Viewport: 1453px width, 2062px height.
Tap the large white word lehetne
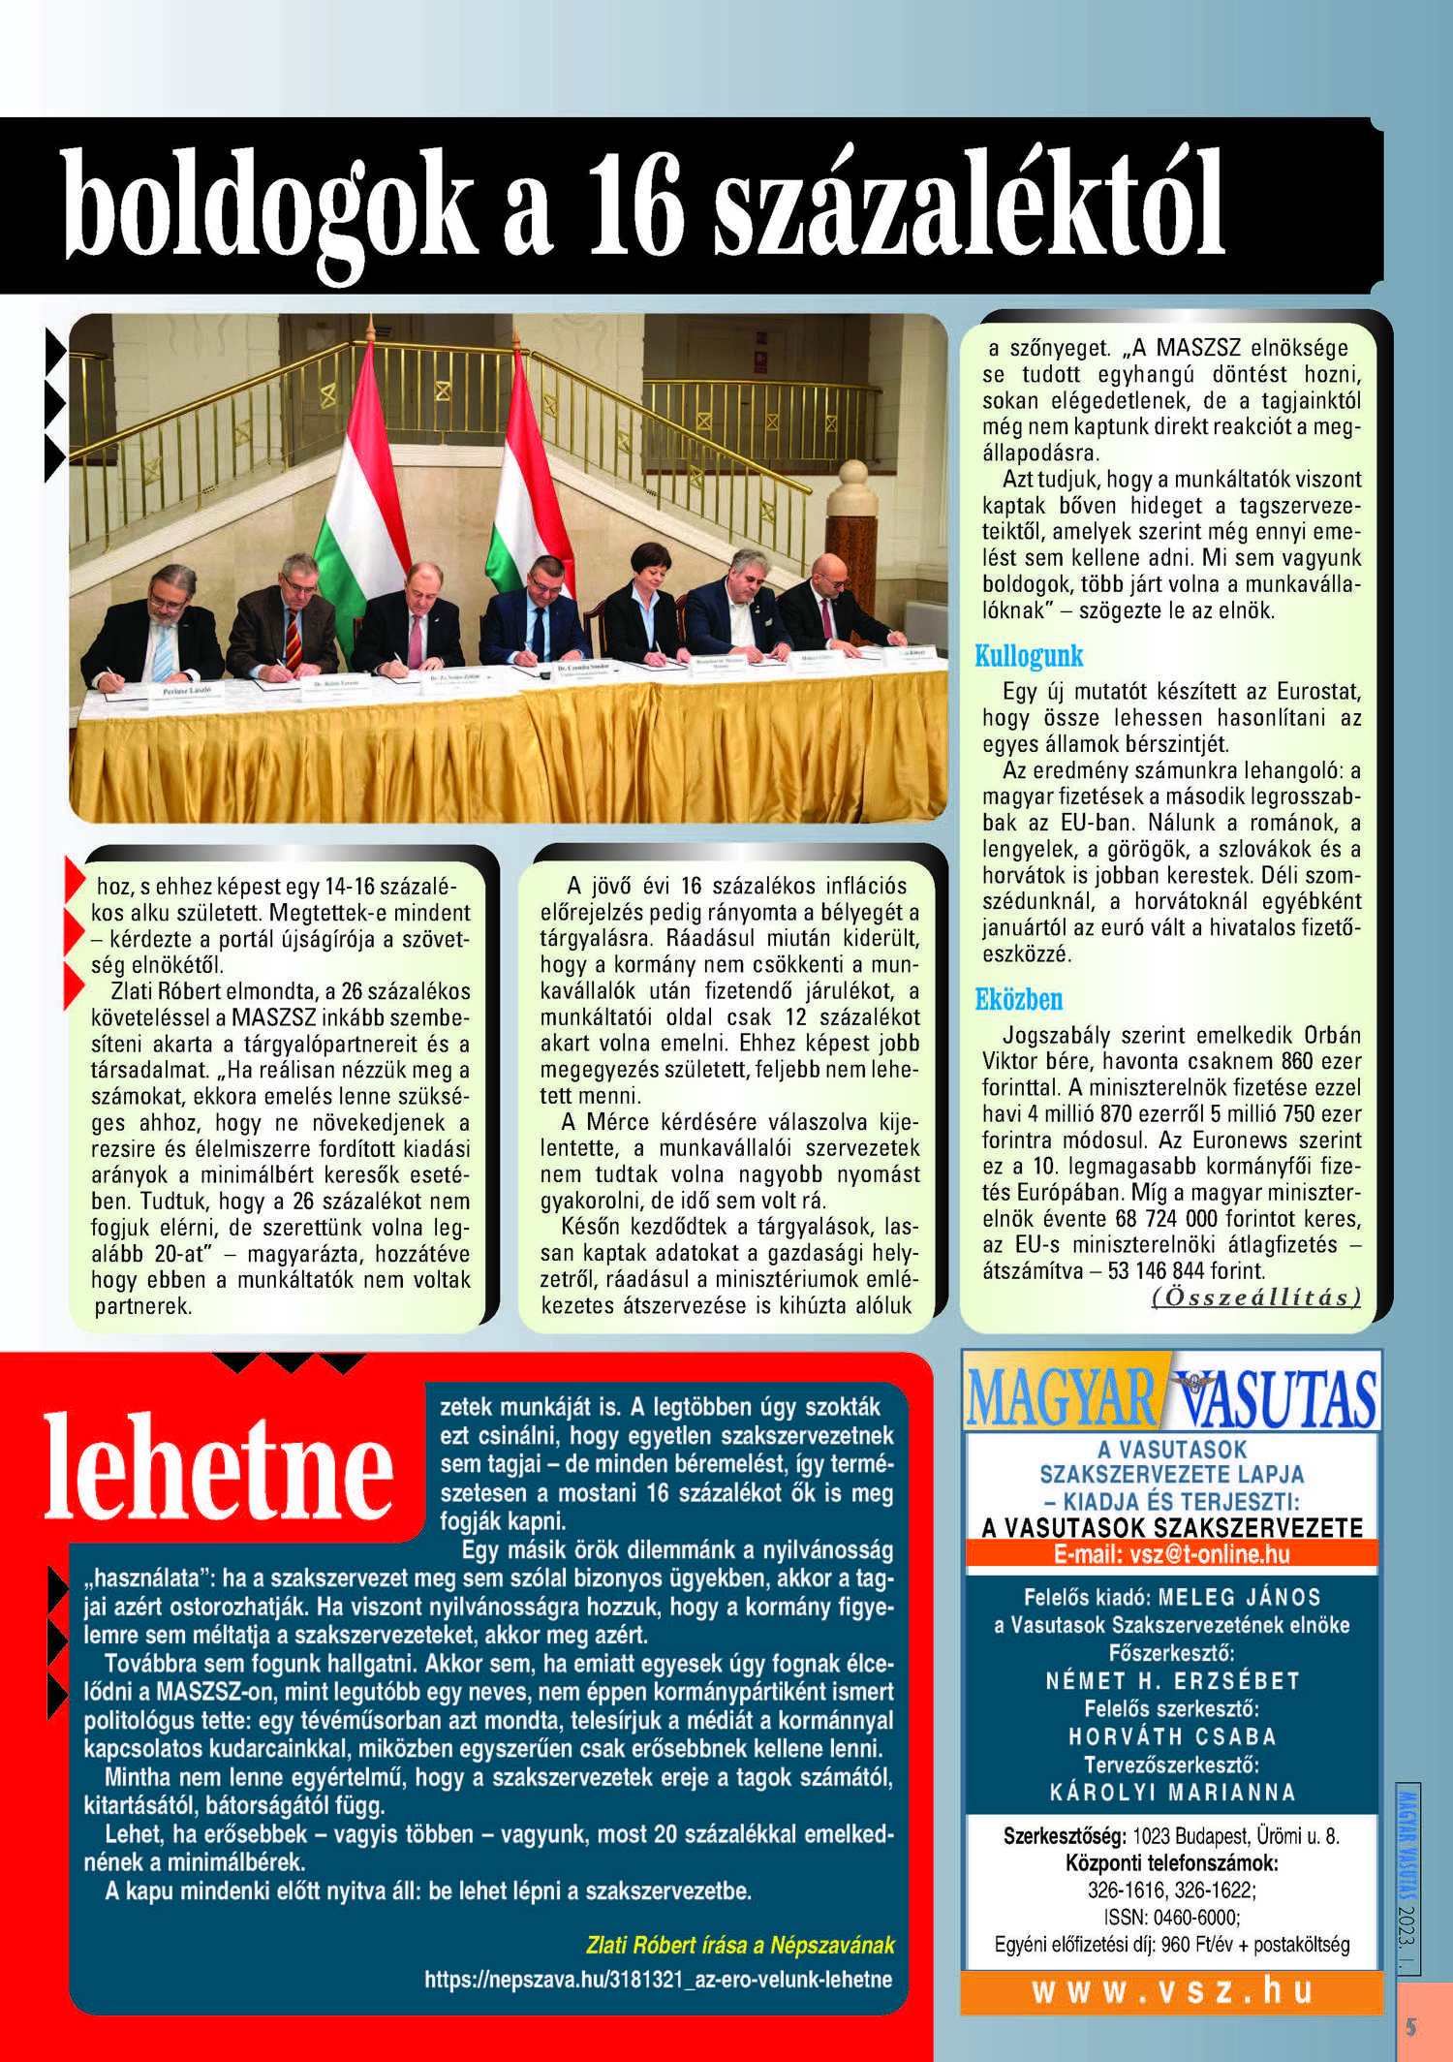pyautogui.click(x=219, y=1467)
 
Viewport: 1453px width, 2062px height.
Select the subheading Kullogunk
pyautogui.click(x=1028, y=656)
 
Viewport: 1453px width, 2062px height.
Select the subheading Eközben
pyautogui.click(x=1018, y=999)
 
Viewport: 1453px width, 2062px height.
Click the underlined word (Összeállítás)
pyautogui.click(x=1255, y=1297)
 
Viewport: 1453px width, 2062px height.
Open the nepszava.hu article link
pyautogui.click(x=658, y=1979)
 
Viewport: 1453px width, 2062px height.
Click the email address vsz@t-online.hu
pyautogui.click(x=1171, y=1554)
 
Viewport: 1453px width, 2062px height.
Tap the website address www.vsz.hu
pyautogui.click(x=1171, y=1990)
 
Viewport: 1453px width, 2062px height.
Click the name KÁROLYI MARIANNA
pyautogui.click(x=1172, y=1792)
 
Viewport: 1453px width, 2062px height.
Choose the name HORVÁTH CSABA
pyautogui.click(x=1172, y=1735)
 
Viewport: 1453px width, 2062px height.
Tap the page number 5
pyautogui.click(x=1410, y=2026)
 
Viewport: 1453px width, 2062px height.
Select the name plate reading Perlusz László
pyautogui.click(x=186, y=690)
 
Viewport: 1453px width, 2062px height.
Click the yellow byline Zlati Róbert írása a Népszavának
pyautogui.click(x=740, y=1945)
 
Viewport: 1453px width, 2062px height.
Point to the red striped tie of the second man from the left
pyautogui.click(x=293, y=638)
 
